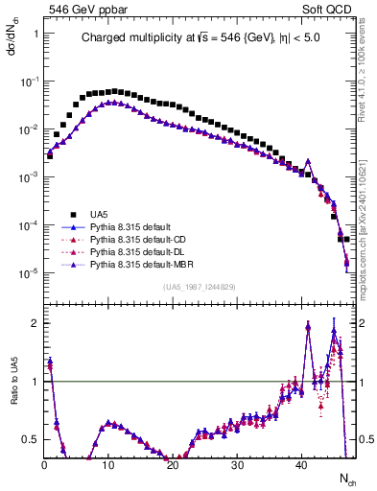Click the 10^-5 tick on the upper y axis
pyautogui.click(x=29, y=273)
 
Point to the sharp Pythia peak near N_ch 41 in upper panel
pyautogui.click(x=308, y=161)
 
